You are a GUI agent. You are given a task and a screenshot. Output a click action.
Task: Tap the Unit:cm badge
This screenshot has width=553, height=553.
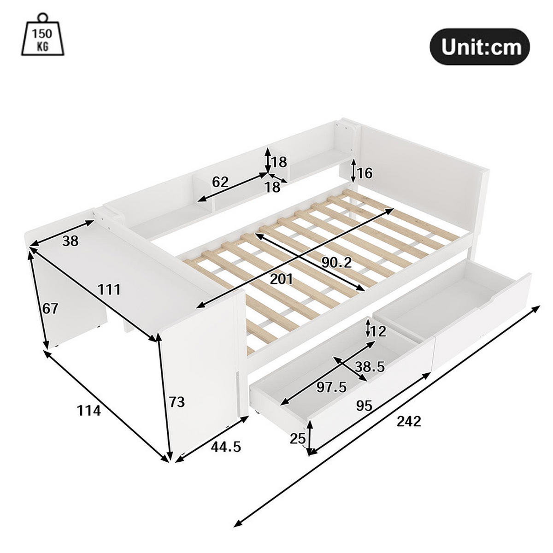[x=480, y=47]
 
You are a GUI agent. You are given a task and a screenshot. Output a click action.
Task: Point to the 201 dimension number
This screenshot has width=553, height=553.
[x=281, y=279]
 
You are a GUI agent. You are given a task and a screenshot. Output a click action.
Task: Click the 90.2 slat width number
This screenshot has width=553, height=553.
[x=336, y=263]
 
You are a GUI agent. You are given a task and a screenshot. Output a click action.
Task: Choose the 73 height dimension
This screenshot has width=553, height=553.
[x=176, y=402]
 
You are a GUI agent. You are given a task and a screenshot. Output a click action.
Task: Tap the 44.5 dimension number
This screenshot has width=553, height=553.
[x=226, y=447]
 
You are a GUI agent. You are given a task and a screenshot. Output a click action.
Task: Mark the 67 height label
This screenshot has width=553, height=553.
[x=51, y=308]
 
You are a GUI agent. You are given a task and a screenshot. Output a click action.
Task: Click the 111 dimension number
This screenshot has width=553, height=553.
[x=109, y=289]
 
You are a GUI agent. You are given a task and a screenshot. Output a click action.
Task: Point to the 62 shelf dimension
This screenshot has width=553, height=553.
[x=220, y=182]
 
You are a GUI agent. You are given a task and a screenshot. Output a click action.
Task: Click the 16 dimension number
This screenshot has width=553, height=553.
[x=365, y=173]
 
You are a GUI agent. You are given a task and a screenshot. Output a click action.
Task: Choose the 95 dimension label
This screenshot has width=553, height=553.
[x=364, y=406]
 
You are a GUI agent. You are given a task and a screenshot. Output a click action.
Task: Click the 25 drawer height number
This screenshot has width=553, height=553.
[x=298, y=438]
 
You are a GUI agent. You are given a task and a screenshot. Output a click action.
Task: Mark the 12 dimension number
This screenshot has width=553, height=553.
[x=378, y=331]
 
